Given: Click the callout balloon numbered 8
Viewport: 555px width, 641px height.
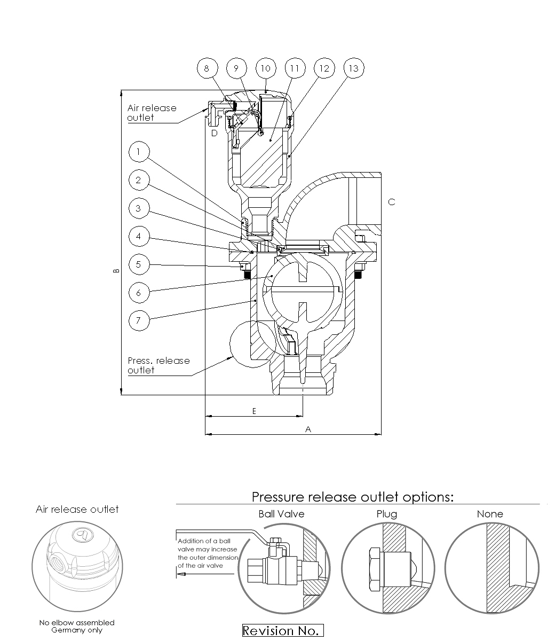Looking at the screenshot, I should click(208, 68).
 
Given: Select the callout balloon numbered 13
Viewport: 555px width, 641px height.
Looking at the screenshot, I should click(353, 68).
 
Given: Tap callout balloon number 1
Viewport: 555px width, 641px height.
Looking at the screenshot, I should click(139, 152).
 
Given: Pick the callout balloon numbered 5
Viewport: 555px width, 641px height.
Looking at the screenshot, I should click(139, 264).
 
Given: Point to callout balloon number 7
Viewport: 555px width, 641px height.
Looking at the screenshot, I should click(139, 320).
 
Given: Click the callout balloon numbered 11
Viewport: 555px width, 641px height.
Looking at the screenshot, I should click(295, 68).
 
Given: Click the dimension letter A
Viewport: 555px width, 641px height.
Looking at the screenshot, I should click(308, 429).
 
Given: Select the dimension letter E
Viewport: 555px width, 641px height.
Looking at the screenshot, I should click(254, 411).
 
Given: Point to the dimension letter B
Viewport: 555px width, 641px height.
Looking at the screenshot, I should click(116, 271).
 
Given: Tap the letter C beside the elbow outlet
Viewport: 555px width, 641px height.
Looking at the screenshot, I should click(392, 202).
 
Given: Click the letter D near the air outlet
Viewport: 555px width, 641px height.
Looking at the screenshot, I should click(214, 133).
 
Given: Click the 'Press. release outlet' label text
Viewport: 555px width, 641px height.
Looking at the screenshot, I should click(158, 365).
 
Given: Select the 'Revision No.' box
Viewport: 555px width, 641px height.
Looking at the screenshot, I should click(283, 631).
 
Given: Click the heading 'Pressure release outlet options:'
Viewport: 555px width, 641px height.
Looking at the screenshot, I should click(353, 497).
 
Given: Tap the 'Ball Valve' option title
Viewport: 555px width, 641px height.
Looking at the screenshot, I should click(281, 514).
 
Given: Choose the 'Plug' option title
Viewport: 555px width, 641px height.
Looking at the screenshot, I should click(386, 514).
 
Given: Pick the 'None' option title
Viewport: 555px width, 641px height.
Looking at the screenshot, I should click(490, 514).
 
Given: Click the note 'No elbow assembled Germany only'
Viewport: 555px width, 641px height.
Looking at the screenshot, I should click(77, 626).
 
